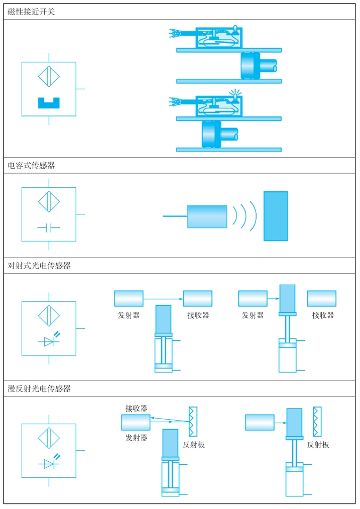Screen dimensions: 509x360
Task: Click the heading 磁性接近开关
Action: [31, 12]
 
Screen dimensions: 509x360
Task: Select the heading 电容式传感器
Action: [31, 166]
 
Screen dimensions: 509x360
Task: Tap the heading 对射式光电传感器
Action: [39, 266]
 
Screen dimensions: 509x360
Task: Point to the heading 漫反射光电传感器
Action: [39, 389]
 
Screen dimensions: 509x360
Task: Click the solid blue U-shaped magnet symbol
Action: [49, 103]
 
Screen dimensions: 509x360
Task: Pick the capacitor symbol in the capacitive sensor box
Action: [49, 228]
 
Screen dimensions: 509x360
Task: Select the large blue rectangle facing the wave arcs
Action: [276, 216]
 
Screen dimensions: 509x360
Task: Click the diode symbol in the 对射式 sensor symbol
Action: [49, 341]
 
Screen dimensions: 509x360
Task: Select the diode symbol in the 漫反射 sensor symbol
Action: [49, 464]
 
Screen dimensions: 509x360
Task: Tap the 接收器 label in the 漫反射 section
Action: [136, 408]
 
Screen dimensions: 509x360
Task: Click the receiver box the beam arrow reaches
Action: [197, 298]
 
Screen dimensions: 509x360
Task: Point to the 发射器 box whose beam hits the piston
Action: [253, 298]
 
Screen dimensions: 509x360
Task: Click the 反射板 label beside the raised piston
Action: [318, 445]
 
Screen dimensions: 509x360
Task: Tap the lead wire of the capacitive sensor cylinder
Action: [175, 216]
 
